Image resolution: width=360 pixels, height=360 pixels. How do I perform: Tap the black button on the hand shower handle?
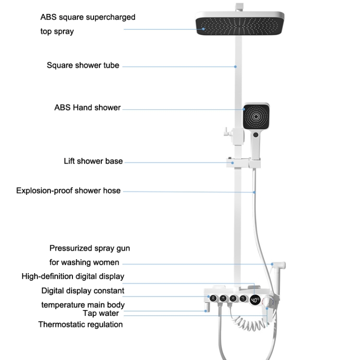pos(255,135)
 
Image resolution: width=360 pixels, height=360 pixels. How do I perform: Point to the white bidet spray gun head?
pos(278,264)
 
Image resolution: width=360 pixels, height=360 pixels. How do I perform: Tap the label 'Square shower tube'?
pos(83,65)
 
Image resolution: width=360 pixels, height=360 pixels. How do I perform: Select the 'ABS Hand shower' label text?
pos(87,108)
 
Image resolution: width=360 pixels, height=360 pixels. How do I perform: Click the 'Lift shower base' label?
pos(93,161)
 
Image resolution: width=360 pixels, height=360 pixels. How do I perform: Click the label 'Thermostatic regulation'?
pos(80,324)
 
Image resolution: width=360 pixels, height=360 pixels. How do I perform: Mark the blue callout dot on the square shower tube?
pos(235,66)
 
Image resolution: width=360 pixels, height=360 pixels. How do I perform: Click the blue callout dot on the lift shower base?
pos(234,162)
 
